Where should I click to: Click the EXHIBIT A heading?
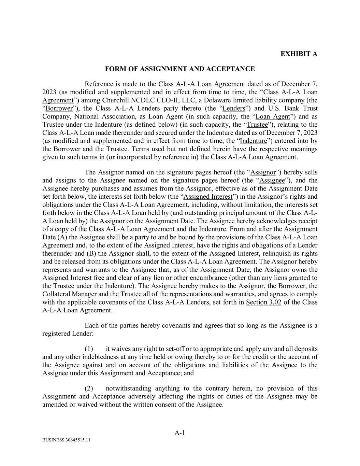(299, 54)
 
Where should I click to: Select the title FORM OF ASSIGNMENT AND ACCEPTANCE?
(179, 69)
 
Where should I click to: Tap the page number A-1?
(179, 433)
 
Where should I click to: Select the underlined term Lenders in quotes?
(234, 109)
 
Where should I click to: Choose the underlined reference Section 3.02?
(263, 302)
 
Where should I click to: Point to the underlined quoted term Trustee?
(257, 125)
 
